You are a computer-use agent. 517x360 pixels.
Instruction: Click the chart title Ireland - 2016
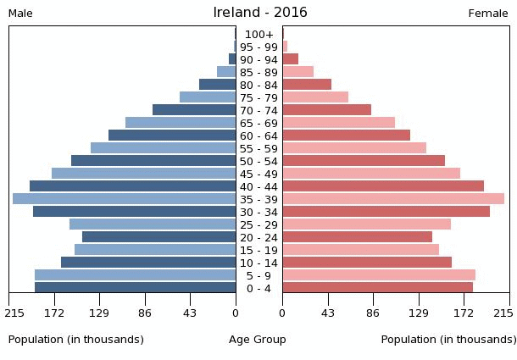point(259,13)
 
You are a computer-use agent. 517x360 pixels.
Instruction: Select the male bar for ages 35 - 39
point(125,199)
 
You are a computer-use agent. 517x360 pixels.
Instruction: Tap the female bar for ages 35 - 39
point(393,199)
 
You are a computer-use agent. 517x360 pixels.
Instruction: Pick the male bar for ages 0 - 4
point(136,288)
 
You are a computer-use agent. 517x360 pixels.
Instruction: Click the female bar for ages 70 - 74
point(327,110)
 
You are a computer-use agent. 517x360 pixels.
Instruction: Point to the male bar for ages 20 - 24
point(159,237)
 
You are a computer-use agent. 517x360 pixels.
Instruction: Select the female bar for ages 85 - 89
point(298,72)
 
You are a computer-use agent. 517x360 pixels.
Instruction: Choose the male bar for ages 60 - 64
point(172,136)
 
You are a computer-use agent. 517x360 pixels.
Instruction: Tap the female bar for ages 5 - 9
point(379,275)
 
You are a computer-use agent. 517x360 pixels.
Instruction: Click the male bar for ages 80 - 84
point(218,85)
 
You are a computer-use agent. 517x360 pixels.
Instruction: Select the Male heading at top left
point(20,14)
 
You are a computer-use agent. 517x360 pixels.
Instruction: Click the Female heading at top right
point(488,14)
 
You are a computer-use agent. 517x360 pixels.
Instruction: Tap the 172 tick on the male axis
point(54,313)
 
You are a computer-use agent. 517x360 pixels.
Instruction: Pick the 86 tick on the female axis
point(373,313)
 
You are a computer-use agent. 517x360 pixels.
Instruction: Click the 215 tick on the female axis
point(503,313)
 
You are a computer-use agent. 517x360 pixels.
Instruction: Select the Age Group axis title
point(258,340)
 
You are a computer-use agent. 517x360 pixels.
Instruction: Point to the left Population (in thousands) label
point(76,340)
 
